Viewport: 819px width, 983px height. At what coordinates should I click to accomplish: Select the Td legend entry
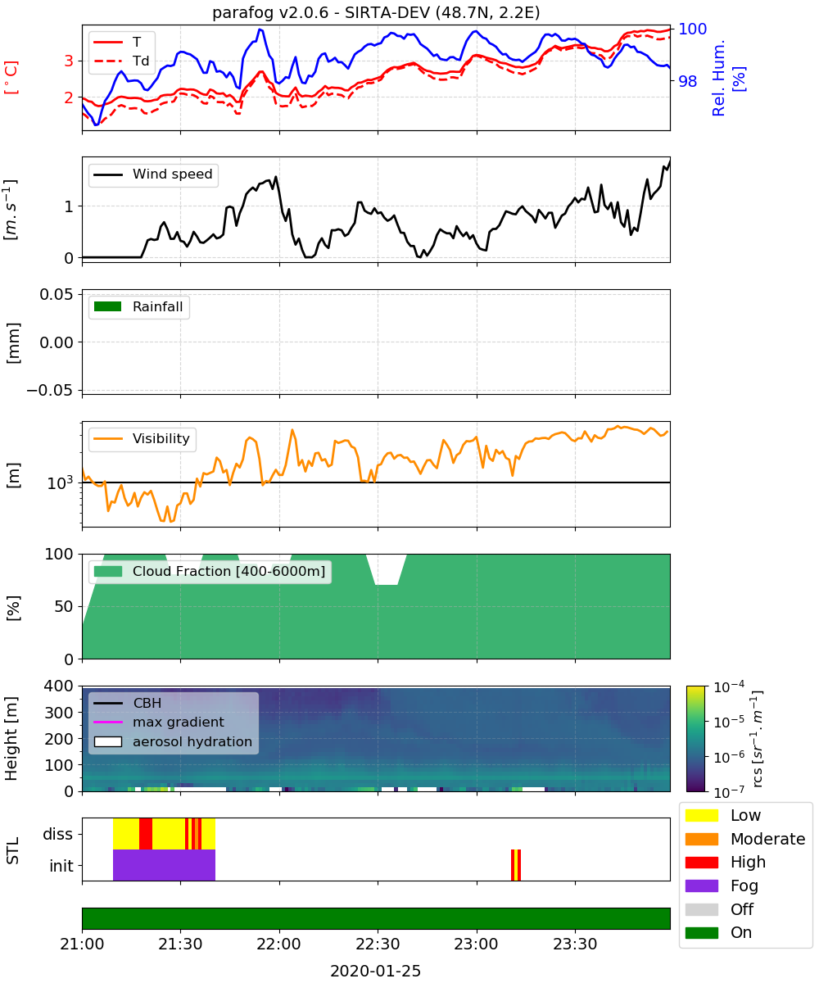(121, 61)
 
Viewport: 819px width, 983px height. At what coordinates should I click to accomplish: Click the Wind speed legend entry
(153, 174)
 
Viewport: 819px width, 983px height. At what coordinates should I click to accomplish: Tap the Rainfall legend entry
(138, 306)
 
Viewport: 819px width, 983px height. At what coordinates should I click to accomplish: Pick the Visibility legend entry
(142, 438)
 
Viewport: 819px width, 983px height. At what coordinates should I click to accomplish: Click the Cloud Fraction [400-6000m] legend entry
(210, 571)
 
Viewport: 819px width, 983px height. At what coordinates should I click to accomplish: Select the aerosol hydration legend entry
(173, 741)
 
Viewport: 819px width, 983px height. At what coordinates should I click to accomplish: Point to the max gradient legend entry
(159, 722)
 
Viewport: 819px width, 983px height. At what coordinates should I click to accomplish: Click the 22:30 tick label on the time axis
(378, 944)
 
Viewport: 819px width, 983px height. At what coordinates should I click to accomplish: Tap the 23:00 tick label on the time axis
(477, 944)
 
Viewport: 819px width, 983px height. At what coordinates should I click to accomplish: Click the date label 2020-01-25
(376, 971)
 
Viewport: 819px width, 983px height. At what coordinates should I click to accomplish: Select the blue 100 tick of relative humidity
(692, 29)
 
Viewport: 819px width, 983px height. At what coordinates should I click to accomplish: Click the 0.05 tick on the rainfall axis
(57, 294)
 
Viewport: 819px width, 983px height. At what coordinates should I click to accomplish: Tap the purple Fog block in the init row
(164, 865)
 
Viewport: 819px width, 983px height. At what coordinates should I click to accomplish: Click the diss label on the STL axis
(57, 834)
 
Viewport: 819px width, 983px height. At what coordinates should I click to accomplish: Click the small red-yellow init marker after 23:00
(516, 865)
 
